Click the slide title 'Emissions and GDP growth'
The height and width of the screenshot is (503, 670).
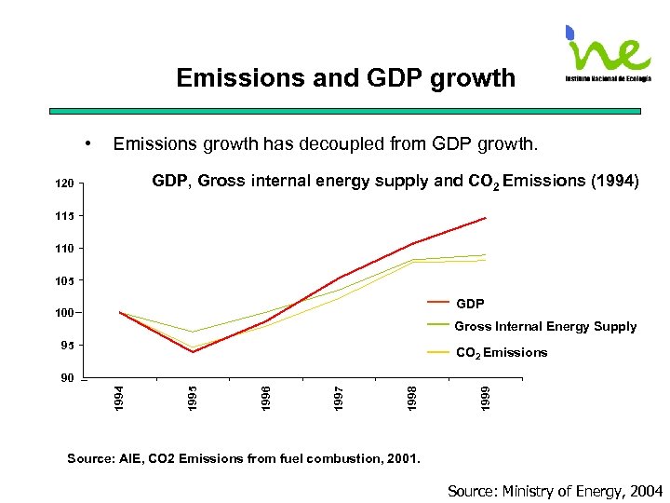tap(345, 77)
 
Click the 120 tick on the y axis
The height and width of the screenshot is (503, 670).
tap(63, 184)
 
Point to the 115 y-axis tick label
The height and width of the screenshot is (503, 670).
tap(63, 217)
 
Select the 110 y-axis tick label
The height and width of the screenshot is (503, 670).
tap(63, 249)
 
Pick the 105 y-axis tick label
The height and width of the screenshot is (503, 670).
tap(63, 280)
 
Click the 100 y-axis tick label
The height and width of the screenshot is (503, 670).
tap(63, 313)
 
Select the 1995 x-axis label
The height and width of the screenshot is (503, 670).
tap(192, 395)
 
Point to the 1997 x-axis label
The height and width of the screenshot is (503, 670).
tap(339, 395)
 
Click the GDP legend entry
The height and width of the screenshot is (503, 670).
tap(470, 304)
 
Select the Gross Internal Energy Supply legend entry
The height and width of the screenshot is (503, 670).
tap(545, 327)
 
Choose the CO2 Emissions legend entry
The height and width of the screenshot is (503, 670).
tap(501, 353)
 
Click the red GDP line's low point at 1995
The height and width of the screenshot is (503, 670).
tap(193, 352)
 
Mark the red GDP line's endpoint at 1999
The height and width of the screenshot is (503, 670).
tap(486, 218)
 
